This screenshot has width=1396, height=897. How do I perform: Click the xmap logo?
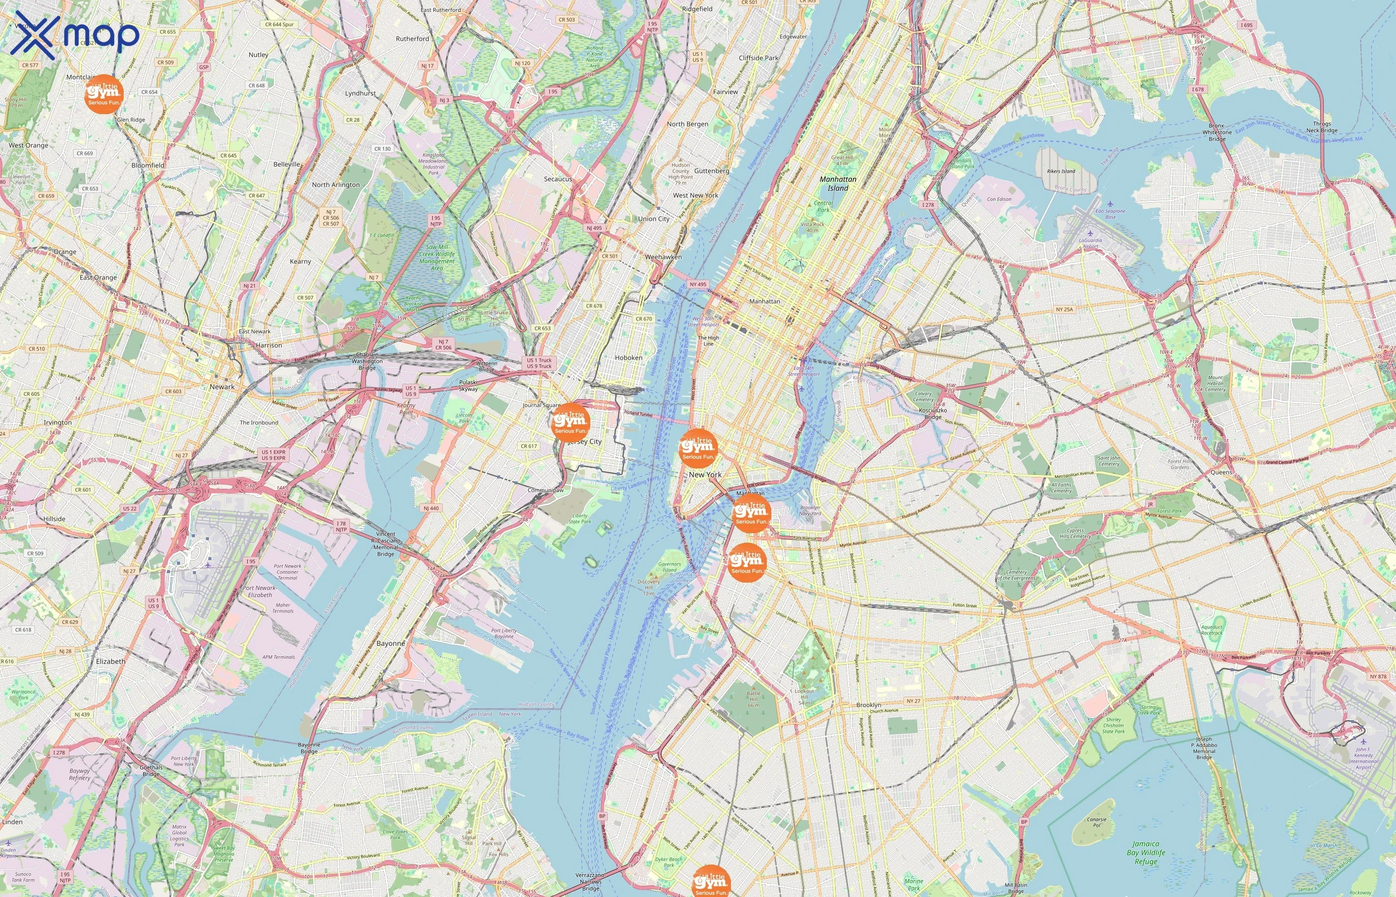[x=75, y=35]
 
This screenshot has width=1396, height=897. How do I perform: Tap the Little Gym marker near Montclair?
[x=104, y=94]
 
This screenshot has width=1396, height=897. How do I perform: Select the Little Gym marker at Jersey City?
[x=570, y=422]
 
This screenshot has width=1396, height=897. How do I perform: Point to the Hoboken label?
[x=628, y=358]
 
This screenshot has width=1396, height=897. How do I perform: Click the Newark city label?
[x=221, y=387]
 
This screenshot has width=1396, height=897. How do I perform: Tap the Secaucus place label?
[x=557, y=179]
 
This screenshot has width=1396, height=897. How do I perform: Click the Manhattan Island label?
[x=838, y=183]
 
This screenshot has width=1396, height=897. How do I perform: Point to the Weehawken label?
[x=663, y=256]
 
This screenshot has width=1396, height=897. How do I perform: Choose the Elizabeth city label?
[x=110, y=661]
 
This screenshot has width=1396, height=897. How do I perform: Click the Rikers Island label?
[x=1061, y=171]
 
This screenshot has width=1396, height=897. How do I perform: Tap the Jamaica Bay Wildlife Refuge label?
[x=1145, y=852]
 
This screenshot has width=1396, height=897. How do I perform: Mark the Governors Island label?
[x=669, y=567]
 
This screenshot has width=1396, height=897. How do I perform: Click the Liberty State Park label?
[x=579, y=518]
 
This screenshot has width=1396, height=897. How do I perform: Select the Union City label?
[x=653, y=218]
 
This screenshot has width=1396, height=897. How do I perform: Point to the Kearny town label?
[x=300, y=261]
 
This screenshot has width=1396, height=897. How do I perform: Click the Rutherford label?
[x=412, y=38]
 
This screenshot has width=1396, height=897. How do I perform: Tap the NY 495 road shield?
[x=698, y=284]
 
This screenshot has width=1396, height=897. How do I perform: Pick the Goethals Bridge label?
[x=151, y=770]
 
